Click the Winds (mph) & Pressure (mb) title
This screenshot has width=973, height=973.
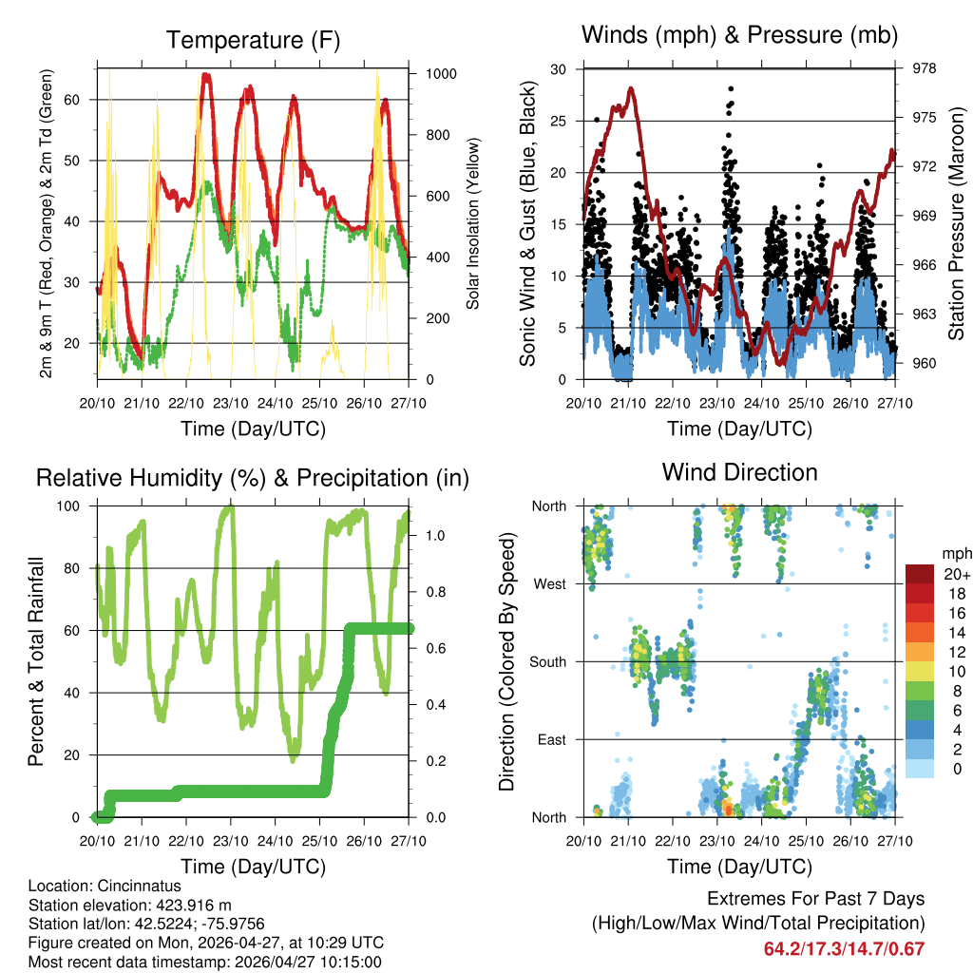click(x=739, y=36)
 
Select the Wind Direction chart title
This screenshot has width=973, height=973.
click(x=739, y=471)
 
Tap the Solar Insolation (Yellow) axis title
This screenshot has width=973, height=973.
click(x=472, y=223)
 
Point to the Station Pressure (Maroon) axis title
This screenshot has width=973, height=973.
click(x=956, y=223)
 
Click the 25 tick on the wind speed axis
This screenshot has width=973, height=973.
click(x=560, y=121)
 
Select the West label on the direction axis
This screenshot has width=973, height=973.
click(x=550, y=583)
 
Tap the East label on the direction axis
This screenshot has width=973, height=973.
click(x=551, y=739)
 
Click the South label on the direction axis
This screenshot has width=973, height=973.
click(x=548, y=661)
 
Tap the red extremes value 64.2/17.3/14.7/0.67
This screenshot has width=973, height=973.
click(x=844, y=948)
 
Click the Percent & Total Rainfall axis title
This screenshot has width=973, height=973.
click(x=36, y=661)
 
